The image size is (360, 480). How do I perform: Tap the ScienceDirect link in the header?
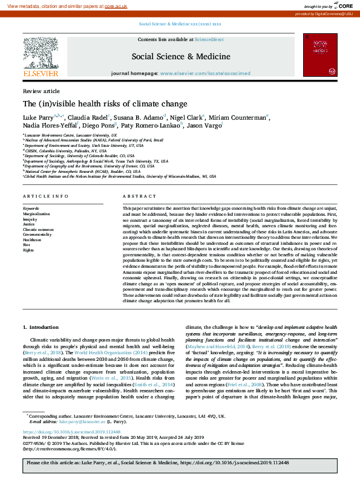click(209, 39)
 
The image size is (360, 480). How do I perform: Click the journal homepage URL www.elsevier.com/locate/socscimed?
click(206, 73)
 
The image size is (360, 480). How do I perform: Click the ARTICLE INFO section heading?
click(45, 196)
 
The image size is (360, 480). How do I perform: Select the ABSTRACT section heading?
click(136, 196)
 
